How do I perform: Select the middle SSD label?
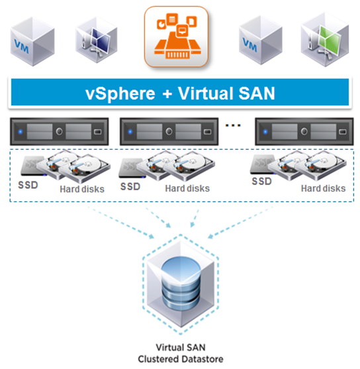(130, 187)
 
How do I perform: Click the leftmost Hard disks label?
(80, 189)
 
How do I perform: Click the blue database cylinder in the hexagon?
(181, 275)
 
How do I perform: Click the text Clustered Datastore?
(181, 359)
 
